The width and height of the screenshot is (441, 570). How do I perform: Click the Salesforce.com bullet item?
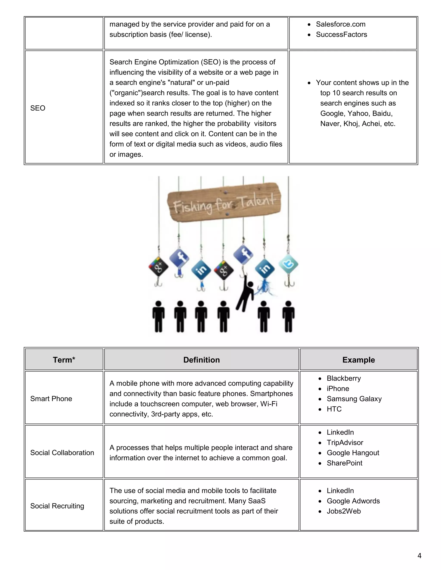point(340,24)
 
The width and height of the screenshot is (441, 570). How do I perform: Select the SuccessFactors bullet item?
point(341,34)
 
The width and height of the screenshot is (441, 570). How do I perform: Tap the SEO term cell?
point(38,108)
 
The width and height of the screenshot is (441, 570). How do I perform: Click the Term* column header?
point(64,360)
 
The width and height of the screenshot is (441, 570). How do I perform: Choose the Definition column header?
point(201,360)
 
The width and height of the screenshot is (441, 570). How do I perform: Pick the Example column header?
point(359,360)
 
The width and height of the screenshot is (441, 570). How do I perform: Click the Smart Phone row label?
point(51,399)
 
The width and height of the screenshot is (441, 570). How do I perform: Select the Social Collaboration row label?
point(62,453)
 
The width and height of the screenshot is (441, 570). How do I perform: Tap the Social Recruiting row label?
point(57,506)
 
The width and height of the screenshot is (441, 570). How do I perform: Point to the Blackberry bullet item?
point(343,378)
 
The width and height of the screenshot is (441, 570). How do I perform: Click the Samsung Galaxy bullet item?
point(354,399)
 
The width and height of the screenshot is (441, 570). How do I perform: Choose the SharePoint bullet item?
point(344,463)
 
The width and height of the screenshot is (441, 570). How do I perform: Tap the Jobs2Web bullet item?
point(343,511)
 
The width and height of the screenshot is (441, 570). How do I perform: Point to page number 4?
point(419,556)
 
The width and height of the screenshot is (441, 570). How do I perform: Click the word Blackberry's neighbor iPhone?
point(338,389)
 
